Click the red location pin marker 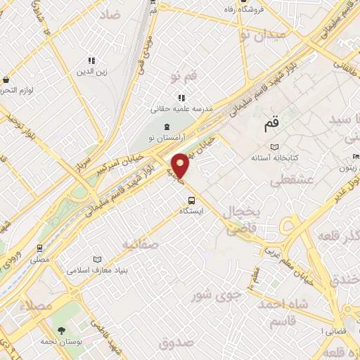click(x=181, y=165)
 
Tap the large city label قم click(x=271, y=124)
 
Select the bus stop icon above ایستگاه click(x=183, y=200)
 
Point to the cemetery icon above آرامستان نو click(x=166, y=127)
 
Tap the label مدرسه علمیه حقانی click(x=181, y=109)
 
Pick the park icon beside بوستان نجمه click(x=61, y=330)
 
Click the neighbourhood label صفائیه click(x=141, y=244)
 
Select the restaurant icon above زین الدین click(x=91, y=61)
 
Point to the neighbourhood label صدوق click(x=176, y=343)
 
